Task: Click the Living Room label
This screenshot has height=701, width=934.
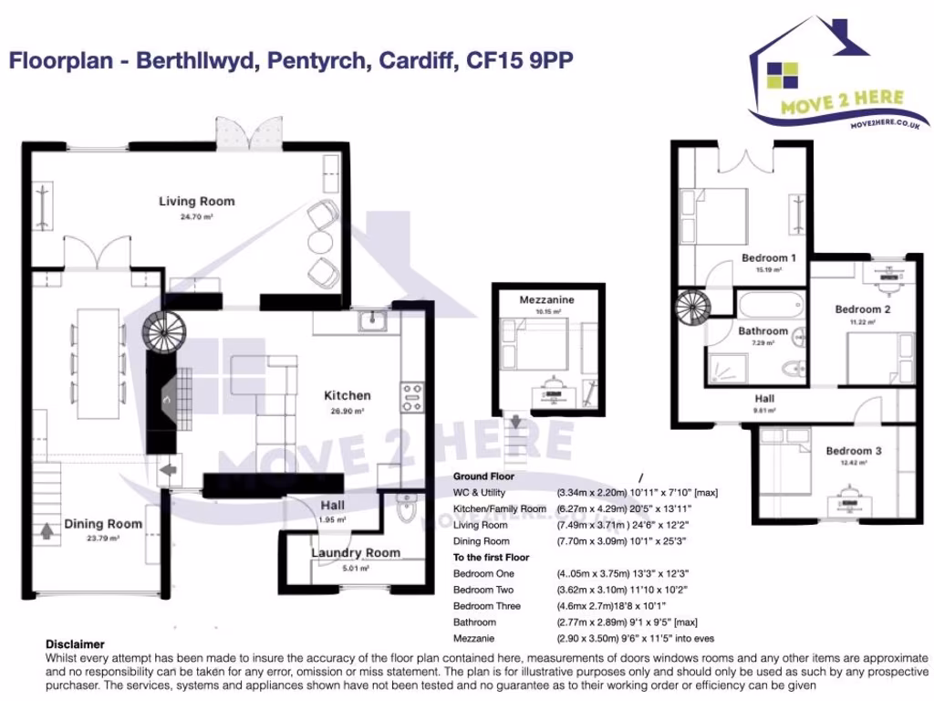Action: click(196, 202)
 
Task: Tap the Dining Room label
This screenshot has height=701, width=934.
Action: click(103, 524)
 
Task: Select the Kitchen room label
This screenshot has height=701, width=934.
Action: click(348, 395)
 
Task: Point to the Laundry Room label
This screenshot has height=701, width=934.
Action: click(356, 552)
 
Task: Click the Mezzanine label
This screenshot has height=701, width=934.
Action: click(546, 299)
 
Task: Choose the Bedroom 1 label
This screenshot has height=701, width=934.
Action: click(768, 257)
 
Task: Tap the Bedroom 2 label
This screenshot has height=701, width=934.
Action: click(863, 309)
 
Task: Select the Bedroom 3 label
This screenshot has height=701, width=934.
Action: click(854, 451)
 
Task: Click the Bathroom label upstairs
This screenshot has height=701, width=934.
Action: click(763, 330)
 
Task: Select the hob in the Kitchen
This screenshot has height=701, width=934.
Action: click(411, 397)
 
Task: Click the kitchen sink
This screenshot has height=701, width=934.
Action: click(372, 320)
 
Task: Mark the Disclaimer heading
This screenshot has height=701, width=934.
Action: click(75, 644)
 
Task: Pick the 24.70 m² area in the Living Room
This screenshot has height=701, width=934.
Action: click(196, 217)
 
